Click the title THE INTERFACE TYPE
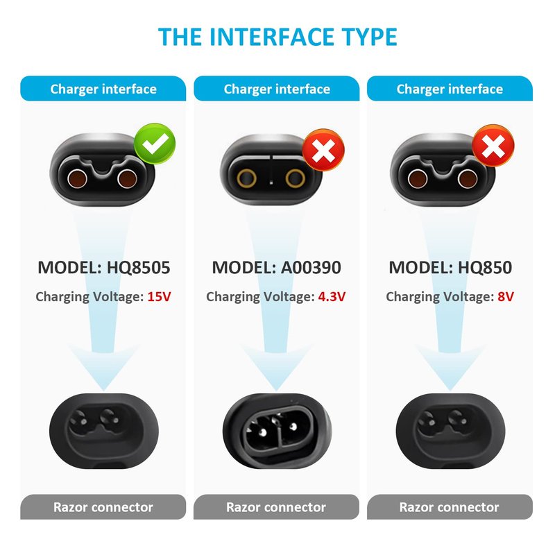point(277,36)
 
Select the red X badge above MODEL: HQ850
point(493,148)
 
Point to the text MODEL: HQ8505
point(103,268)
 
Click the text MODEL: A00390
point(276,268)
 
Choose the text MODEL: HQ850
point(450,268)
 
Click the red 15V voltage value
point(159,297)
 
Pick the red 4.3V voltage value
point(332,297)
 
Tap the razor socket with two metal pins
point(276,424)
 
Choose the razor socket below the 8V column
point(450,422)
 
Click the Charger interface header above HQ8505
point(103,89)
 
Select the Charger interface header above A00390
point(276,89)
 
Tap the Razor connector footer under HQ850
point(450,507)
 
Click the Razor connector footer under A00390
point(276,507)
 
